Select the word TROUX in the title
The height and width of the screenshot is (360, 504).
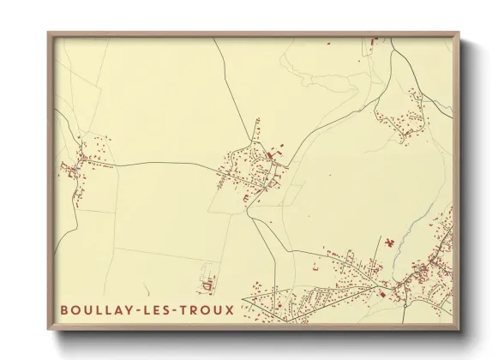tap(207, 309)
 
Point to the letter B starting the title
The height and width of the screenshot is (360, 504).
tap(64, 309)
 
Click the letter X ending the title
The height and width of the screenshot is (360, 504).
tap(229, 309)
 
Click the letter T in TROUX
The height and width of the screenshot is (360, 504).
tap(188, 309)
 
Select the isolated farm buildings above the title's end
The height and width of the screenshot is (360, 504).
tap(207, 281)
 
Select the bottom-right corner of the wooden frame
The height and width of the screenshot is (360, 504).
tap(459, 328)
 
